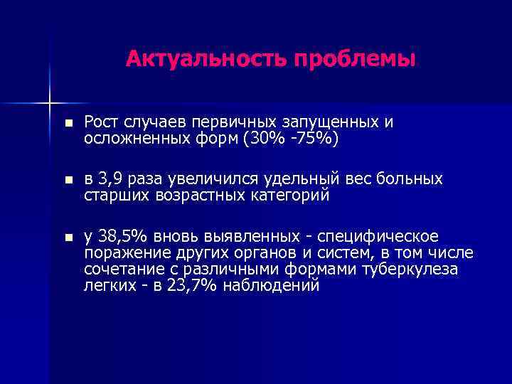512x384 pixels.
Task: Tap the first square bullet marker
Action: point(67,123)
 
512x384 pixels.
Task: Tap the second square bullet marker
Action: point(67,180)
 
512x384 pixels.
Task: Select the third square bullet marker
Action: point(67,237)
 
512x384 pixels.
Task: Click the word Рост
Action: point(102,122)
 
